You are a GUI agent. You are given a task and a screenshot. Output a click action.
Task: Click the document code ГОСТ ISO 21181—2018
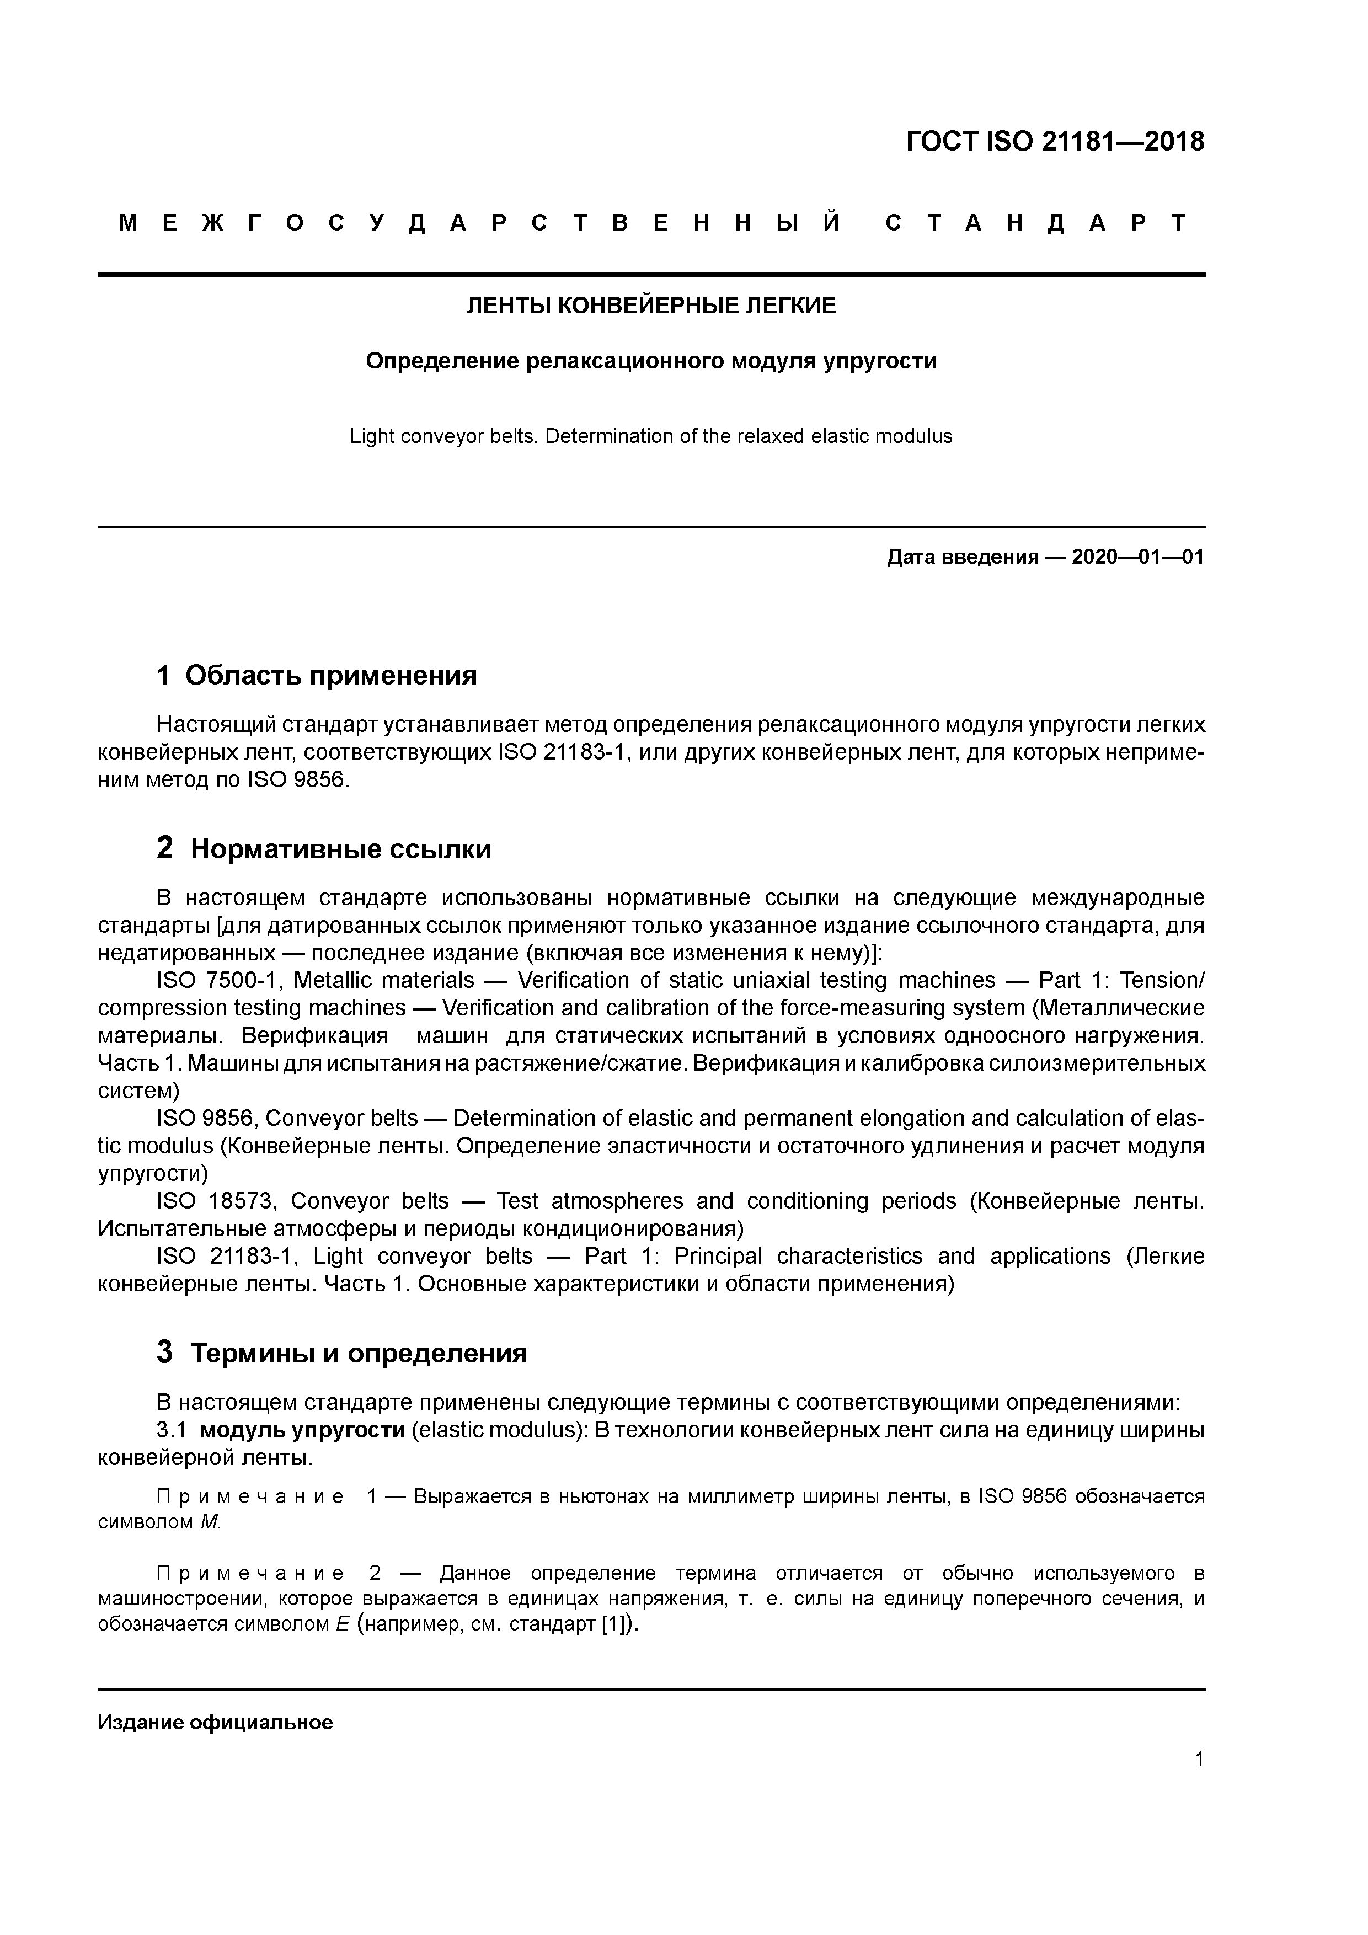click(x=1055, y=142)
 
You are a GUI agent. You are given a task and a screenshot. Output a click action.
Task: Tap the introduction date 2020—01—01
click(x=1137, y=557)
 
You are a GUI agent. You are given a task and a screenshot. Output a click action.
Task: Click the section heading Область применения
click(x=330, y=675)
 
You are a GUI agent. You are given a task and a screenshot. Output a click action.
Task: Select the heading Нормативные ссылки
click(x=340, y=849)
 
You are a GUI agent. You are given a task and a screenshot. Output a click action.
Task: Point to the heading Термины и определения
click(x=358, y=1354)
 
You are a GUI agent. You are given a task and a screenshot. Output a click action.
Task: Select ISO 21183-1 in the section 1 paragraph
click(x=560, y=752)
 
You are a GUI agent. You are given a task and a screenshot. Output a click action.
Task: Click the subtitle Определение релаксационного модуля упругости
click(x=651, y=361)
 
